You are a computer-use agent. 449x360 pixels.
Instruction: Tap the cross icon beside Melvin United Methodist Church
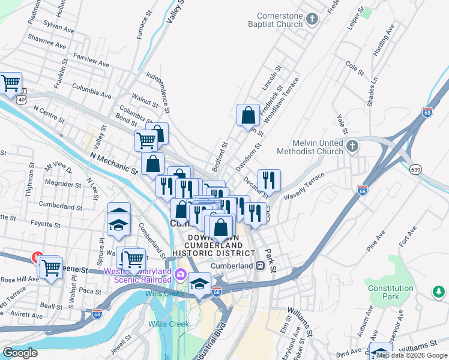pyautogui.click(x=352, y=145)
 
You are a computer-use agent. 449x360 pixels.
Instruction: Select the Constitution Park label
pyautogui.click(x=391, y=292)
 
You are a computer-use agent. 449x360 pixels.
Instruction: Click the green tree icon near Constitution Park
pyautogui.click(x=438, y=292)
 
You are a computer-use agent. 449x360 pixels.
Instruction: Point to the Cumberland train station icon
pyautogui.click(x=261, y=266)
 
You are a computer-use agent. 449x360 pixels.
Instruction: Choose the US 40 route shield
pyautogui.click(x=22, y=98)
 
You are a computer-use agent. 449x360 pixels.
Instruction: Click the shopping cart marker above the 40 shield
pyautogui.click(x=10, y=83)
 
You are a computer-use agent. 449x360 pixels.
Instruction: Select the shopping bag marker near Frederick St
pyautogui.click(x=248, y=115)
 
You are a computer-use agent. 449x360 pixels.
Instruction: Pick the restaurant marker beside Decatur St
pyautogui.click(x=269, y=180)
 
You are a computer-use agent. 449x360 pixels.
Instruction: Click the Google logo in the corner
pyautogui.click(x=20, y=353)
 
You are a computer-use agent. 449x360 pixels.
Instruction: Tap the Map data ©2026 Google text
pyautogui.click(x=412, y=356)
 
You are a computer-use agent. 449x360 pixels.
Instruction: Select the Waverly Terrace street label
pyautogui.click(x=304, y=187)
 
